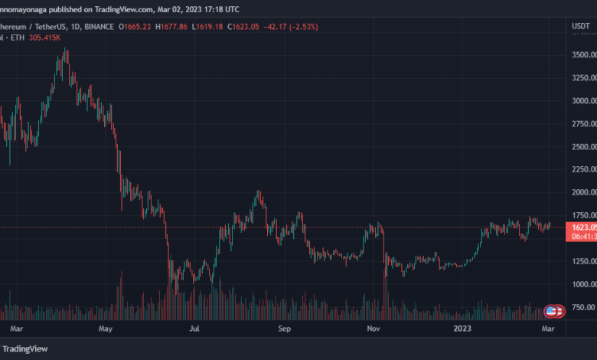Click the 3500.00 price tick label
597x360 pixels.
[x=585, y=55]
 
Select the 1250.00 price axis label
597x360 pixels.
[x=585, y=261]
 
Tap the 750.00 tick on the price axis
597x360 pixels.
[x=585, y=307]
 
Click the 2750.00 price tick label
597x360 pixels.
[x=585, y=124]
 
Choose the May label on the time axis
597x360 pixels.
[x=106, y=328]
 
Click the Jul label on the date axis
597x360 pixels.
[x=195, y=328]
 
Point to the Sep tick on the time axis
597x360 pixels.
[x=285, y=328]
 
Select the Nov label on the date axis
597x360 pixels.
[x=374, y=328]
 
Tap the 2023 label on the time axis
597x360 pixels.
[x=462, y=328]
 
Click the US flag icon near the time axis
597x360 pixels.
[x=550, y=311]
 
